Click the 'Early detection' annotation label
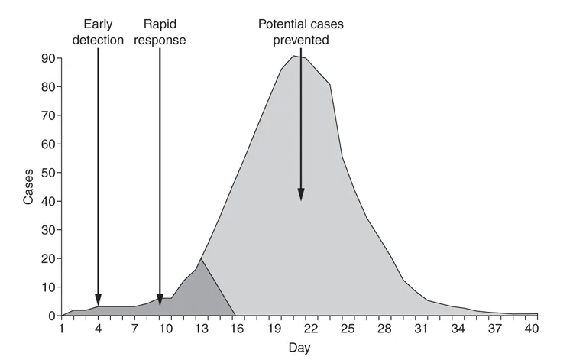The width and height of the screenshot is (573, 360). [98, 32]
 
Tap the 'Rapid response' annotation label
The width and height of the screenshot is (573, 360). [160, 32]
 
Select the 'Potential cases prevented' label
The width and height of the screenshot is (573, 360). [300, 32]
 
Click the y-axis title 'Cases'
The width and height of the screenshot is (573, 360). [28, 186]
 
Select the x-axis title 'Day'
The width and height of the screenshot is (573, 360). [299, 348]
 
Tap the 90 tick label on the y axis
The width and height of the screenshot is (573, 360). [48, 58]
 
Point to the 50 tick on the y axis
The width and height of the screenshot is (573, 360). [48, 173]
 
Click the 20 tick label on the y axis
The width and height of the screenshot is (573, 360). [48, 258]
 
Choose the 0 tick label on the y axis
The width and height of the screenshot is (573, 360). [51, 316]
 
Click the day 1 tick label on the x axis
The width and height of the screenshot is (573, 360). [62, 329]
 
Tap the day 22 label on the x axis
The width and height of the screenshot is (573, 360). [310, 329]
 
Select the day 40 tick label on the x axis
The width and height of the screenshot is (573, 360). [532, 329]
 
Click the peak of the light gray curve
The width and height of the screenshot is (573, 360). [294, 56]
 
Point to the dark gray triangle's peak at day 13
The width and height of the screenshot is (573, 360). [200, 259]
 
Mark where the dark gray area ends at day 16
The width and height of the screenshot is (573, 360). [235, 315]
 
